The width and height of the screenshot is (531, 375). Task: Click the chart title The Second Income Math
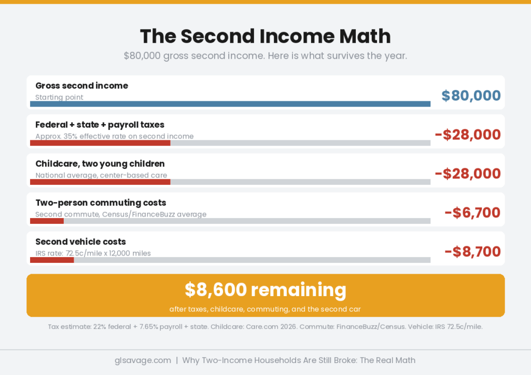[265, 36]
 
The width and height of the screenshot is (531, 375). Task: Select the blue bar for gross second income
[230, 104]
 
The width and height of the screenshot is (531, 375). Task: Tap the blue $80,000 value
[471, 96]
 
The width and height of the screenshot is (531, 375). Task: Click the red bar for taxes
[100, 143]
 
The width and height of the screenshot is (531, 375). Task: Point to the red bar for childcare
[100, 182]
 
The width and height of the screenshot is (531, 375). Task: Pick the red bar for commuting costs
[47, 221]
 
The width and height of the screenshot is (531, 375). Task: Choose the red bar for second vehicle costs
[52, 260]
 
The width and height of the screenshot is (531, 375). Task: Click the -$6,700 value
[472, 212]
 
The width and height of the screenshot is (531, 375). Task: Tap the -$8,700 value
[472, 251]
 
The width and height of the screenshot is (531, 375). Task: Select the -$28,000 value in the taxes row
[468, 135]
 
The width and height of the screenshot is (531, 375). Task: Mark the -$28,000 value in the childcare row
[468, 173]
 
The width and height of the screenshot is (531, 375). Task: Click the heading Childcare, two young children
[100, 164]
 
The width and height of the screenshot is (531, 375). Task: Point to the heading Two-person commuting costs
[101, 203]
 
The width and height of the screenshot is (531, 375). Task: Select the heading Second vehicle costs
[80, 242]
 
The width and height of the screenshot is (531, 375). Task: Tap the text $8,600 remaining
[265, 290]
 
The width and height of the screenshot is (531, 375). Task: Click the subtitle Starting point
[59, 97]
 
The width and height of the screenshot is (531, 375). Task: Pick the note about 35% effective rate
[114, 136]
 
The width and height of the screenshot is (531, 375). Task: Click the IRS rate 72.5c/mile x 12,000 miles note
[93, 253]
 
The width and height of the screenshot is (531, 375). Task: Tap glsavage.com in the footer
[143, 360]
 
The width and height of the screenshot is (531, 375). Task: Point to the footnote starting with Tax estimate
[265, 327]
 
